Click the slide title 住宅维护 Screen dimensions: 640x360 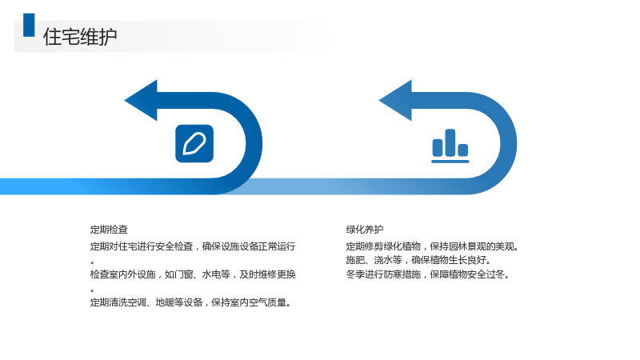[80, 37]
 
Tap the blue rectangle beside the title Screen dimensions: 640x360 [29, 25]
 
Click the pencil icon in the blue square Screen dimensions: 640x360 [194, 143]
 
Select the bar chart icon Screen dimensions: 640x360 [450, 146]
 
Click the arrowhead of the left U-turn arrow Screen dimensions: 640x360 [142, 100]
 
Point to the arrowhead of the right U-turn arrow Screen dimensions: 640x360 [396, 100]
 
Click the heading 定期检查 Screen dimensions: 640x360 [109, 230]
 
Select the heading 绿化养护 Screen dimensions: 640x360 [365, 230]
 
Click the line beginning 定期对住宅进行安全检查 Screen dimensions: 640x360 [193, 246]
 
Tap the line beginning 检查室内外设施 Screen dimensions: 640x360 [193, 274]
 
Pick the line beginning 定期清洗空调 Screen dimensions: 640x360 [190, 302]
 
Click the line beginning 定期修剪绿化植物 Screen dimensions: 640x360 [432, 246]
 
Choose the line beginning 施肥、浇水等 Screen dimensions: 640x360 [418, 260]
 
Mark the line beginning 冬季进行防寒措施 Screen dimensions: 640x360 [427, 274]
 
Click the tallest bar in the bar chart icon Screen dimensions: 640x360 [450, 142]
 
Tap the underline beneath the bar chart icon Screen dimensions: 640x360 [450, 162]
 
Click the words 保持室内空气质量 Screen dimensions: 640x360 [250, 302]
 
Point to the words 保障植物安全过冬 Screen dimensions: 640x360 [470, 274]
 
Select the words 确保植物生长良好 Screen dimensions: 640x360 [450, 260]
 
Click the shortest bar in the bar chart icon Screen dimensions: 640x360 [463, 150]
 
